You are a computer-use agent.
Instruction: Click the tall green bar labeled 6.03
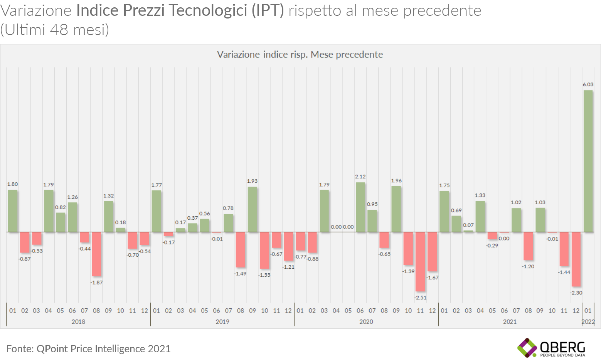coord(588,161)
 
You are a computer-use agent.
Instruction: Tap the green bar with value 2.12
coord(360,207)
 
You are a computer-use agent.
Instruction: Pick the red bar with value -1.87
coord(96,254)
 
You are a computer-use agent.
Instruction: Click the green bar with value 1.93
coord(253,209)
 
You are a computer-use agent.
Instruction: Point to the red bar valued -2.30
coord(576,259)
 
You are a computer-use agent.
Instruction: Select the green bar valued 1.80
coord(13,211)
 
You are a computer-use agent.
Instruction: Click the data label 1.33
coord(480,195)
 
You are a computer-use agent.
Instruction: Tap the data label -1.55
coord(264,275)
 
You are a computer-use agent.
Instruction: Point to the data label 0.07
coord(468,225)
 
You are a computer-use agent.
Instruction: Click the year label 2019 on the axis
coord(222,321)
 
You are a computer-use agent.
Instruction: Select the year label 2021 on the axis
coord(510,321)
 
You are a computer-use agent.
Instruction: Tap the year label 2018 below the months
coord(78,321)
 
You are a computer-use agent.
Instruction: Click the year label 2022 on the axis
coord(588,321)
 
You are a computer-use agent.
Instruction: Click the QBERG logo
coord(551,348)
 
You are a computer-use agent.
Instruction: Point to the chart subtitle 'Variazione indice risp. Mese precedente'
coord(300,54)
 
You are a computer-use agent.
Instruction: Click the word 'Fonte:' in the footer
coord(20,349)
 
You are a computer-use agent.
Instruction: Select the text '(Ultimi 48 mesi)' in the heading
coord(55,30)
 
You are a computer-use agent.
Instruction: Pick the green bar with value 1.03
coord(540,220)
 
